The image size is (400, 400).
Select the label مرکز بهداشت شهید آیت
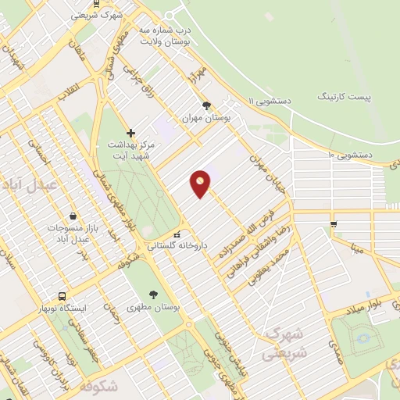tap(130, 152)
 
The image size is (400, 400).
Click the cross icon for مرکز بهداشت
tap(130, 133)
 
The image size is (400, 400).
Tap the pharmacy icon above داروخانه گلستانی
tap(177, 233)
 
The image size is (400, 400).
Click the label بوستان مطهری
tap(153, 308)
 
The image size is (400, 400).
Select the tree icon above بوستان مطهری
tap(153, 295)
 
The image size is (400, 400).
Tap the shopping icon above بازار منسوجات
tap(73, 215)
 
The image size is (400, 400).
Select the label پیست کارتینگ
tap(345, 95)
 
